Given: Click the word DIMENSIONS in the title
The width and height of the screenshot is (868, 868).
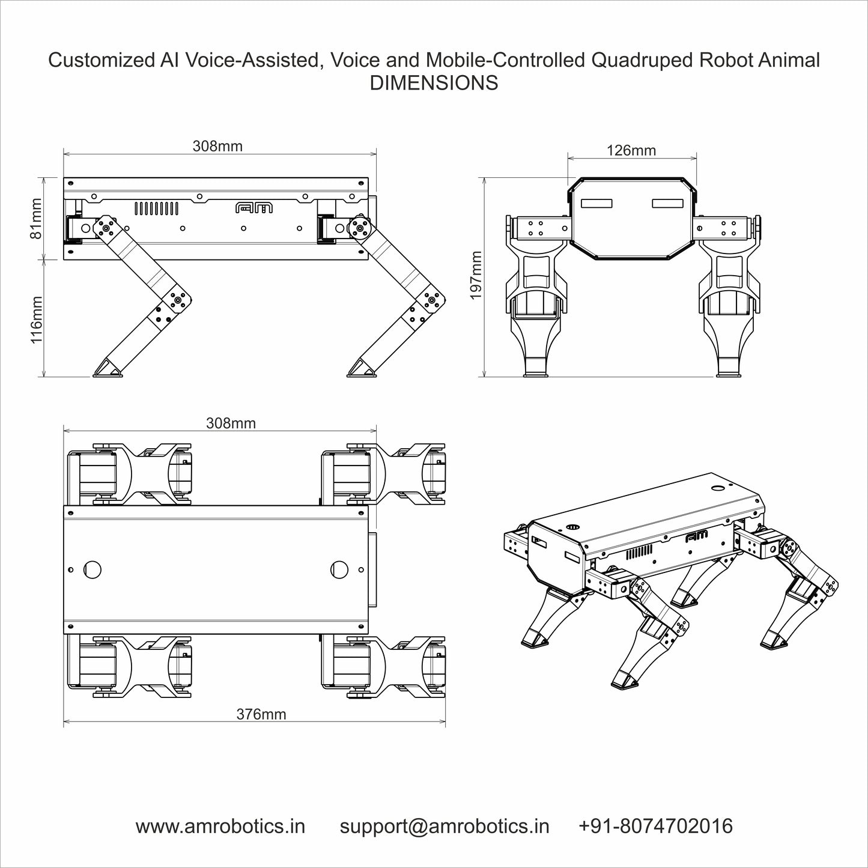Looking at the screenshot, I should (434, 83).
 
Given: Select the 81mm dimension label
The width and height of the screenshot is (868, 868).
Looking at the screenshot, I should (36, 219).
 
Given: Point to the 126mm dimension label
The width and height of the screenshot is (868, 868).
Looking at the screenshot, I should (631, 150).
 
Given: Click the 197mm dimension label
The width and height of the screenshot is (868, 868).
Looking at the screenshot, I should (476, 276).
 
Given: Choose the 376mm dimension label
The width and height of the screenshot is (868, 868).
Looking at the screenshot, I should (261, 714).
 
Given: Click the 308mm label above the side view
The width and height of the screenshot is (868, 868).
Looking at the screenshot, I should (217, 146).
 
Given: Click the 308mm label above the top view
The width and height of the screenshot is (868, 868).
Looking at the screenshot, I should (231, 423).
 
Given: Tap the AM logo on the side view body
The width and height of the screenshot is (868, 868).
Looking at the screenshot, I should (253, 208).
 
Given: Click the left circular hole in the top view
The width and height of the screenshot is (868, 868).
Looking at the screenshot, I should (93, 569).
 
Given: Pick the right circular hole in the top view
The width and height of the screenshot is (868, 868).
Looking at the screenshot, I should (339, 569).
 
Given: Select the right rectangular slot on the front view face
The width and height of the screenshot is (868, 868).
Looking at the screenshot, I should (667, 204).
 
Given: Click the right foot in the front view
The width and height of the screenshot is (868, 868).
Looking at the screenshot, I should (729, 368).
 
